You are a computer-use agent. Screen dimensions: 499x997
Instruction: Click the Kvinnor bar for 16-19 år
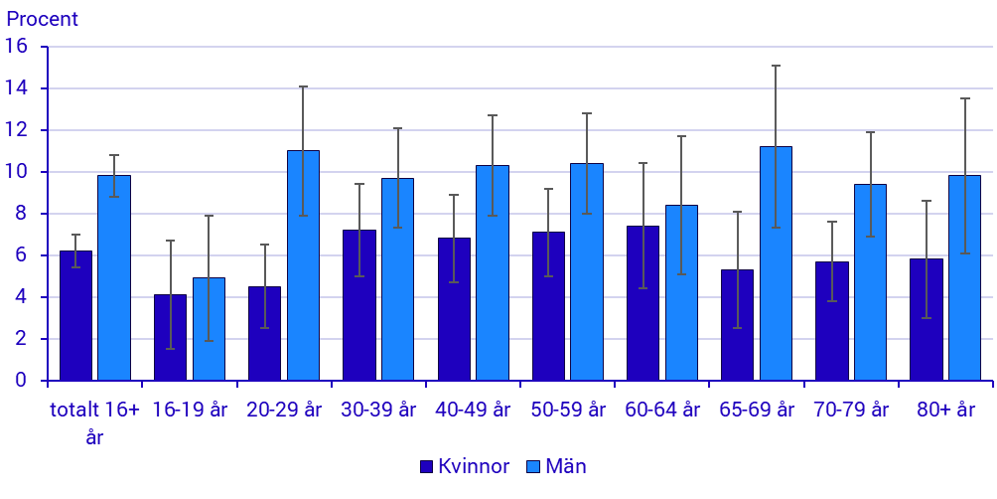[x=170, y=338]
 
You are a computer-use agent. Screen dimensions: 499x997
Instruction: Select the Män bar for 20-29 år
[x=303, y=265]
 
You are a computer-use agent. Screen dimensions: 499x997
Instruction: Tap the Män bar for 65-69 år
[x=776, y=263]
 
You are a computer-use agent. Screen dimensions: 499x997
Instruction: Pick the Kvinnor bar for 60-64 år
[x=642, y=303]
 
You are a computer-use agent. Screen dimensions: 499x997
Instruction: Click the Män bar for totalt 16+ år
[x=114, y=278]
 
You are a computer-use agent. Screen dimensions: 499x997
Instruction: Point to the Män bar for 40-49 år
[x=492, y=273]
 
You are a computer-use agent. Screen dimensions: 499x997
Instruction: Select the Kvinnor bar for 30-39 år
[x=358, y=305]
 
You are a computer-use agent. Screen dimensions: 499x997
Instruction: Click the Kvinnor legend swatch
[x=427, y=466]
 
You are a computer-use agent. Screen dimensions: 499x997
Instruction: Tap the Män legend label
[x=566, y=466]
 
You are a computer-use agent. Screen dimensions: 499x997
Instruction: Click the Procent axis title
[x=42, y=19]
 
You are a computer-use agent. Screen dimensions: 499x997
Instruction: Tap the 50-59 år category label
[x=568, y=410]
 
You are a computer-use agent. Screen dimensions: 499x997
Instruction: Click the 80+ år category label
[x=945, y=410]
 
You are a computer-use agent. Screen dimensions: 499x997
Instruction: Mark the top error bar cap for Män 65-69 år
[x=776, y=66]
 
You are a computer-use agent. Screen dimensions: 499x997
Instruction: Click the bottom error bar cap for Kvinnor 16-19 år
[x=170, y=349]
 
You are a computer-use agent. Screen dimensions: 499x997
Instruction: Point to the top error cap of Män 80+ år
[x=964, y=98]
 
